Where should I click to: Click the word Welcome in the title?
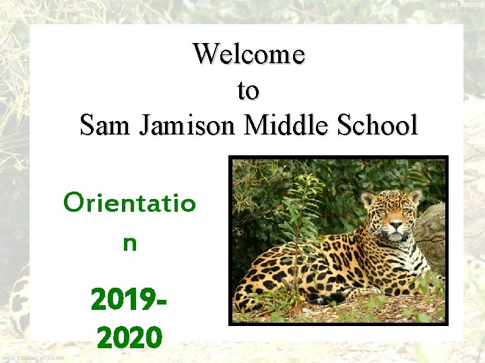click(249, 54)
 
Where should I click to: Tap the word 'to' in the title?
click(248, 89)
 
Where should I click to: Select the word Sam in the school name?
click(106, 125)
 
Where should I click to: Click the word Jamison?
click(188, 125)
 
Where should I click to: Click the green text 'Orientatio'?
click(129, 202)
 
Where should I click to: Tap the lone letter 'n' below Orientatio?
click(129, 243)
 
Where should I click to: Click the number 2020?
click(129, 336)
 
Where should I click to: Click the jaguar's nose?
click(396, 228)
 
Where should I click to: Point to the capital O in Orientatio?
click(72, 202)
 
